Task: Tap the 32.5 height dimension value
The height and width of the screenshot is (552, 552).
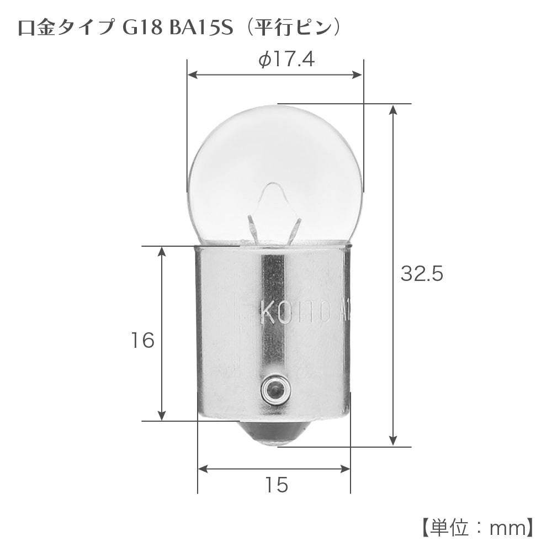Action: (x=422, y=274)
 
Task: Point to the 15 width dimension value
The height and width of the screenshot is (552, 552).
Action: (x=276, y=485)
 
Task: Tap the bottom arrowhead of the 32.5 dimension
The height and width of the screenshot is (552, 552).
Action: (x=392, y=440)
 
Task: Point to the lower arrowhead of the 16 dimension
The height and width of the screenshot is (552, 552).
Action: (x=162, y=416)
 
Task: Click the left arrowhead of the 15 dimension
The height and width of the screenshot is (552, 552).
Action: (x=203, y=469)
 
